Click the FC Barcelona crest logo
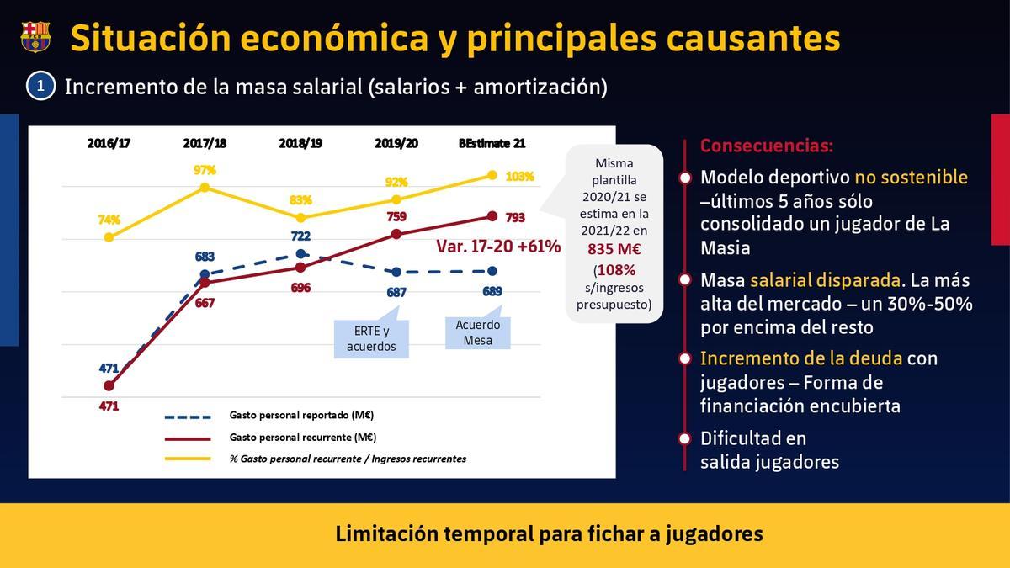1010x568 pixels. tap(35, 37)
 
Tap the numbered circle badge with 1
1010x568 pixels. tap(40, 87)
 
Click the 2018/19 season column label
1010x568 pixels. tap(300, 143)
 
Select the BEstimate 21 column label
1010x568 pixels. tap(492, 143)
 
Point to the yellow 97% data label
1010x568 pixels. tap(205, 170)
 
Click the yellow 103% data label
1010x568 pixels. tap(520, 177)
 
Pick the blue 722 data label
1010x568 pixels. tap(300, 236)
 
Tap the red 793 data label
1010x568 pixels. tap(515, 218)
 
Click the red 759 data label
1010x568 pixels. tap(396, 216)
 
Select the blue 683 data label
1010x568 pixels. tap(205, 257)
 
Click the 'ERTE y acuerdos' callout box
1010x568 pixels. tap(371, 338)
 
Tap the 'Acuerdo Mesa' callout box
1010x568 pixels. tap(477, 332)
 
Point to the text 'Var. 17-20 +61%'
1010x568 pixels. tap(498, 247)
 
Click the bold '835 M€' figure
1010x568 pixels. tap(613, 249)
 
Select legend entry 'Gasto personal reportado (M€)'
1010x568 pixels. tap(301, 415)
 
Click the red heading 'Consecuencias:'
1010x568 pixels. tap(766, 146)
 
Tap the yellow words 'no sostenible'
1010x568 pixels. tap(911, 178)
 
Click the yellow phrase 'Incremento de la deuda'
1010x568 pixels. tap(800, 358)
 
